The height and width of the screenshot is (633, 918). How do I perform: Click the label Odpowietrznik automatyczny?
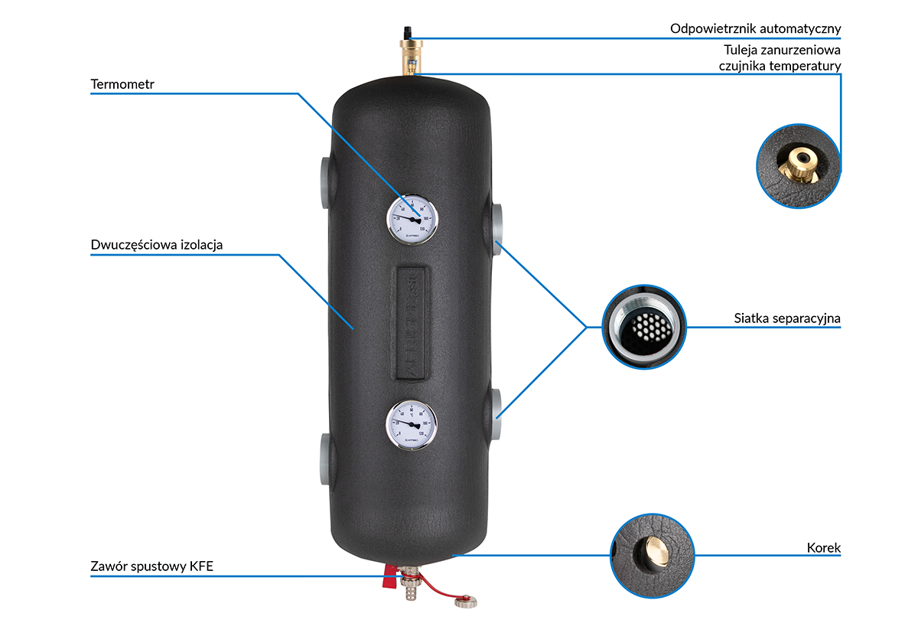(755, 29)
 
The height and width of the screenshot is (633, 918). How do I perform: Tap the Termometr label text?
(122, 84)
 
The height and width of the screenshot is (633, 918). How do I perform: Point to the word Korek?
(823, 548)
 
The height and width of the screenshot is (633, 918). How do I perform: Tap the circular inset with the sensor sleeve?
(798, 165)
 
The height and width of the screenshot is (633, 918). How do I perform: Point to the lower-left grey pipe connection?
(324, 457)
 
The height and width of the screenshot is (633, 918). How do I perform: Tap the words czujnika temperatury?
(780, 66)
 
